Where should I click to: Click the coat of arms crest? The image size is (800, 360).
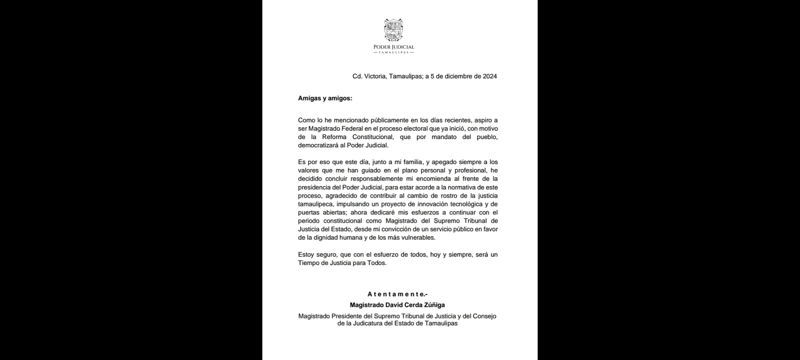coord(394,30)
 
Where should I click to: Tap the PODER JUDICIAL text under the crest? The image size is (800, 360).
coord(394,47)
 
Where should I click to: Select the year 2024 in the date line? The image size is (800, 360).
coord(490,76)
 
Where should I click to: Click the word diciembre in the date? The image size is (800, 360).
coord(462,76)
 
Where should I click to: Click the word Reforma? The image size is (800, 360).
coord(334,137)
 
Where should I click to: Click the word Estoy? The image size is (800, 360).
coord(306,255)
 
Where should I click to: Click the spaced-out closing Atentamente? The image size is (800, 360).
coord(397,294)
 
